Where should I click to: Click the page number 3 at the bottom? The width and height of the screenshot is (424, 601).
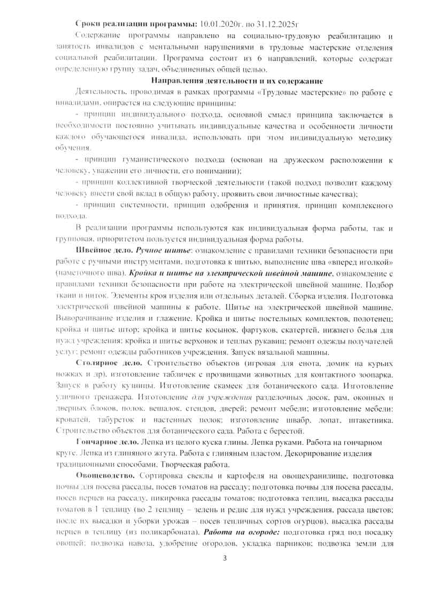point(225,559)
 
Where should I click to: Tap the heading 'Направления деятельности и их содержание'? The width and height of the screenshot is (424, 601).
point(237,81)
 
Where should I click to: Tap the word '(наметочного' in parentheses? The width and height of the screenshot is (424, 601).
point(79,272)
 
